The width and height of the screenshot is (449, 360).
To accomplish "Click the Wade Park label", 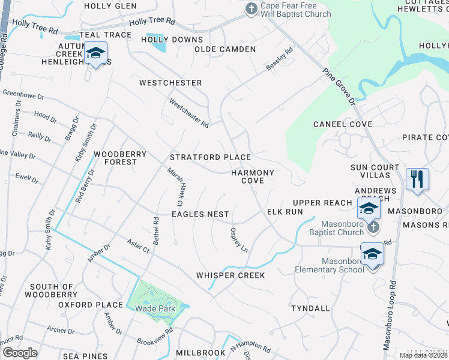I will coord(159,308).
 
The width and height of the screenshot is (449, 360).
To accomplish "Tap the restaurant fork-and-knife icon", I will coord(417,179).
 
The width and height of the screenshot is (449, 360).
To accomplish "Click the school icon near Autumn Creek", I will coord(95,53).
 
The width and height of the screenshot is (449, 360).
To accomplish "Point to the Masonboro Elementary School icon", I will coord(372,254).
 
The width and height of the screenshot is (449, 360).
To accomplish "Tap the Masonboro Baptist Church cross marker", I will coord(373,227).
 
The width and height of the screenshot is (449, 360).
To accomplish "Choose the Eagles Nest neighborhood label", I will coord(200,214).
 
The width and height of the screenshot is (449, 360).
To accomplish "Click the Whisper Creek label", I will coord(231,275).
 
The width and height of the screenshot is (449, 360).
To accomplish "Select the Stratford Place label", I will coord(210,157).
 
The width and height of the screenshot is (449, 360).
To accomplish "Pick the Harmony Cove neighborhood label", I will coord(253,176).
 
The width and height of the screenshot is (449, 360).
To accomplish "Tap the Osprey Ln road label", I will coord(238,239).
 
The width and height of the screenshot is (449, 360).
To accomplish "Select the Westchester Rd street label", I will coord(188,113).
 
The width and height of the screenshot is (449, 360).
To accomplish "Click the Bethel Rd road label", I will coord(157,229).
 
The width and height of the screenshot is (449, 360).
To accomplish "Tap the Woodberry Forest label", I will coord(120,158).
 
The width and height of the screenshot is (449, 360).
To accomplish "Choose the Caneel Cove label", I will coord(343,124).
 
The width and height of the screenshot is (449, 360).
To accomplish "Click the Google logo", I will coord(20,352).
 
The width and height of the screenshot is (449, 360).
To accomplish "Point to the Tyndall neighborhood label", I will coord(310,308).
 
